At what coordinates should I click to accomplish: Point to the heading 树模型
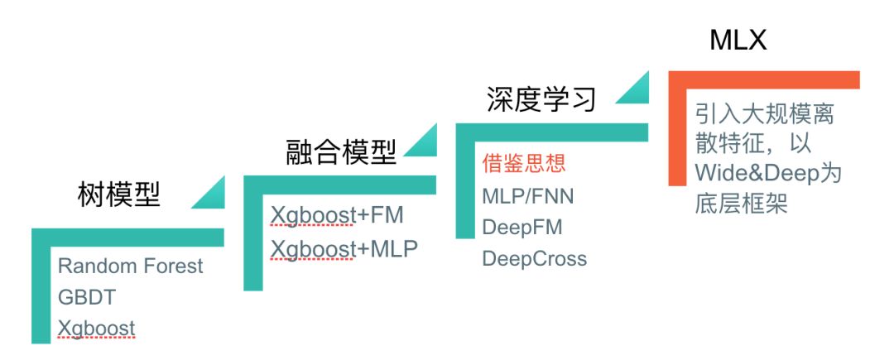pyautogui.click(x=121, y=195)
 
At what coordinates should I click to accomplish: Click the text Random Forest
pyautogui.click(x=131, y=266)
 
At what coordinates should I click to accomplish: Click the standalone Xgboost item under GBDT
pyautogui.click(x=97, y=329)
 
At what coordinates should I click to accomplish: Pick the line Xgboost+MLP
pyautogui.click(x=344, y=248)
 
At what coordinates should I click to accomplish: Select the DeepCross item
pyautogui.click(x=534, y=258)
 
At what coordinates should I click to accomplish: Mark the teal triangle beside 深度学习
pyautogui.click(x=631, y=90)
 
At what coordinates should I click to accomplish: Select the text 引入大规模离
pyautogui.click(x=764, y=113)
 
